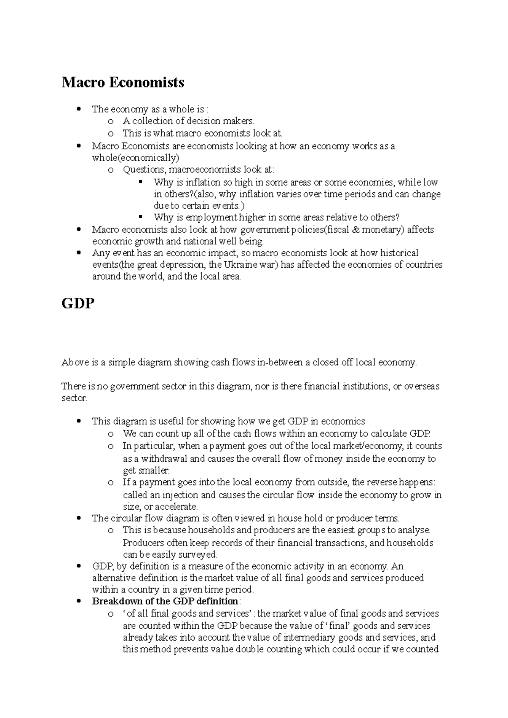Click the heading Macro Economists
pyautogui.click(x=123, y=82)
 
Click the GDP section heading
pyautogui.click(x=78, y=304)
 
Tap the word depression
pyautogui.click(x=185, y=265)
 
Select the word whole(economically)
pyautogui.click(x=135, y=158)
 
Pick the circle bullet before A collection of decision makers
pyautogui.click(x=111, y=121)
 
